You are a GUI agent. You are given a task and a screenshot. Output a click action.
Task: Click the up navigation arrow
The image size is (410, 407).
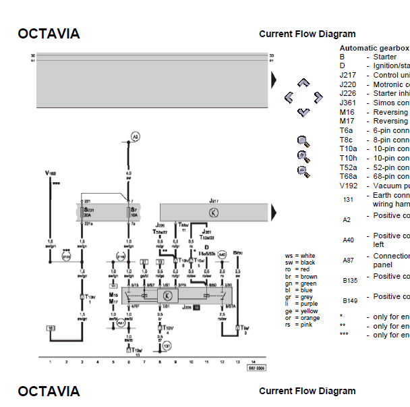tap(303, 83)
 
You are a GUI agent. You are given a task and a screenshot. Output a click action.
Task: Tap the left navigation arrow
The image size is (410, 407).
tap(289, 97)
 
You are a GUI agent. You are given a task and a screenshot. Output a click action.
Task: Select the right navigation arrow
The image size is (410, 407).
tap(318, 97)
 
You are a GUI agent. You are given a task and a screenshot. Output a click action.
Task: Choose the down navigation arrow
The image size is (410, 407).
tap(303, 111)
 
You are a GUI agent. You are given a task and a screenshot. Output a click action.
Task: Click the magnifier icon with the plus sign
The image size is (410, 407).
tap(303, 156)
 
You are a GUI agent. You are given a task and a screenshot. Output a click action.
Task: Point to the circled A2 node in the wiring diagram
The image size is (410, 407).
tap(135, 136)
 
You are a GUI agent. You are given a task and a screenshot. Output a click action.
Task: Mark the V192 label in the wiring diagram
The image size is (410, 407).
tap(51, 173)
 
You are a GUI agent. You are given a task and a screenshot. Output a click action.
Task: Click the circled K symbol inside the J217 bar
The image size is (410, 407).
tap(213, 212)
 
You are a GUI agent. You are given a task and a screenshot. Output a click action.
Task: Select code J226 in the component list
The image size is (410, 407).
tap(347, 94)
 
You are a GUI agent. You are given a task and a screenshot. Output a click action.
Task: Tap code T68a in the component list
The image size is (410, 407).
tap(348, 176)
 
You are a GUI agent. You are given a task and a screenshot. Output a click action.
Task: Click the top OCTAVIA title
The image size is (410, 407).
tap(49, 34)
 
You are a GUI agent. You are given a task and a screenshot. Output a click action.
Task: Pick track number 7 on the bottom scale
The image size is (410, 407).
tap(144, 362)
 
